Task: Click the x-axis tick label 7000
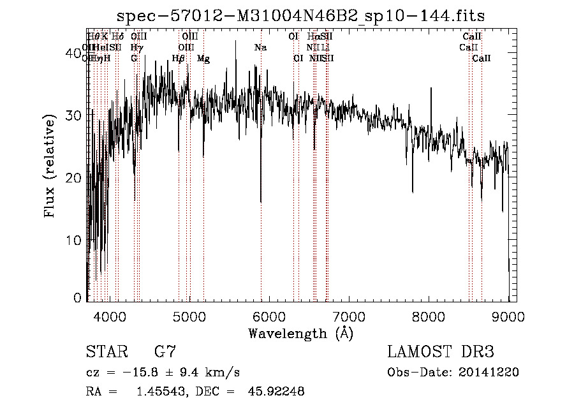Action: pyautogui.click(x=348, y=316)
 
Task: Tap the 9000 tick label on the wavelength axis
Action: pyautogui.click(x=508, y=316)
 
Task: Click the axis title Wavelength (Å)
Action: pyautogui.click(x=300, y=333)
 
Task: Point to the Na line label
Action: pyautogui.click(x=260, y=48)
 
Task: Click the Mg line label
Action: pyautogui.click(x=203, y=59)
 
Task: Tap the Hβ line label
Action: pyautogui.click(x=179, y=59)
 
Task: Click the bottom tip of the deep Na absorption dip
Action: pyautogui.click(x=261, y=202)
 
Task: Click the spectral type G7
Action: pyautogui.click(x=165, y=352)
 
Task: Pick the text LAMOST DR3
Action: pyautogui.click(x=441, y=352)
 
